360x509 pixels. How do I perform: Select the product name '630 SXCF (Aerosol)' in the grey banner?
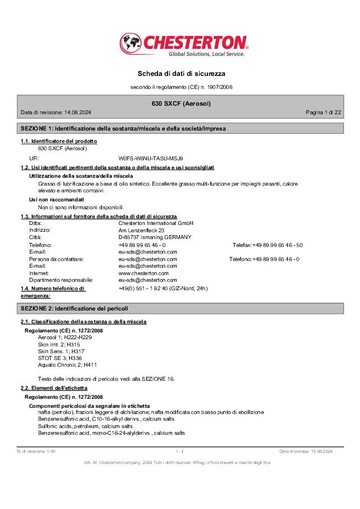(x=181, y=103)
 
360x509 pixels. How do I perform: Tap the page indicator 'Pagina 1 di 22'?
(x=323, y=112)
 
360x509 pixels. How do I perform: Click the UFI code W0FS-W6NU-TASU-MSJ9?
(x=151, y=159)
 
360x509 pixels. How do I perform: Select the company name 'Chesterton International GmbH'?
(x=156, y=223)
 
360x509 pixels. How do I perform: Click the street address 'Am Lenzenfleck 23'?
(x=141, y=230)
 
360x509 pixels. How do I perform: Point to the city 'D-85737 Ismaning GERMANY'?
(x=155, y=237)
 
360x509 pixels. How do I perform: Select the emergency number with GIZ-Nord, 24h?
(x=163, y=289)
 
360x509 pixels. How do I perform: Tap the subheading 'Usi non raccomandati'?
(x=57, y=200)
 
